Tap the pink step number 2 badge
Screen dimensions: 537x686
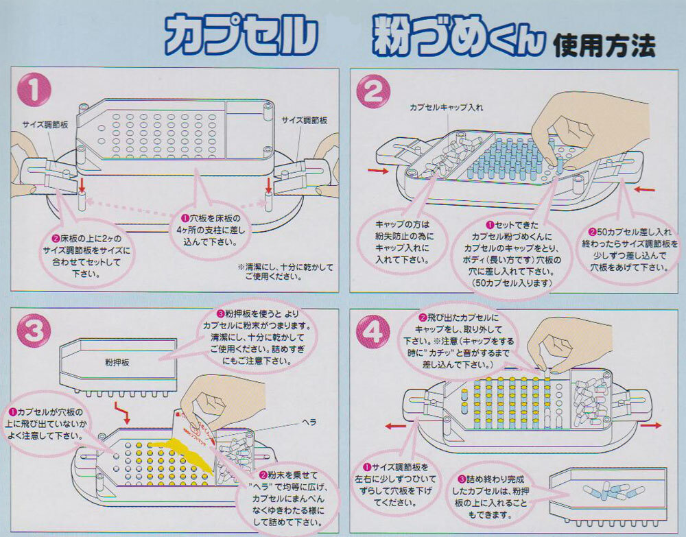pos(375,94)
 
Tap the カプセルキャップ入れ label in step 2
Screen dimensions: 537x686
pos(441,108)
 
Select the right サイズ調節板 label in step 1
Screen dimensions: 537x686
pos(304,120)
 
